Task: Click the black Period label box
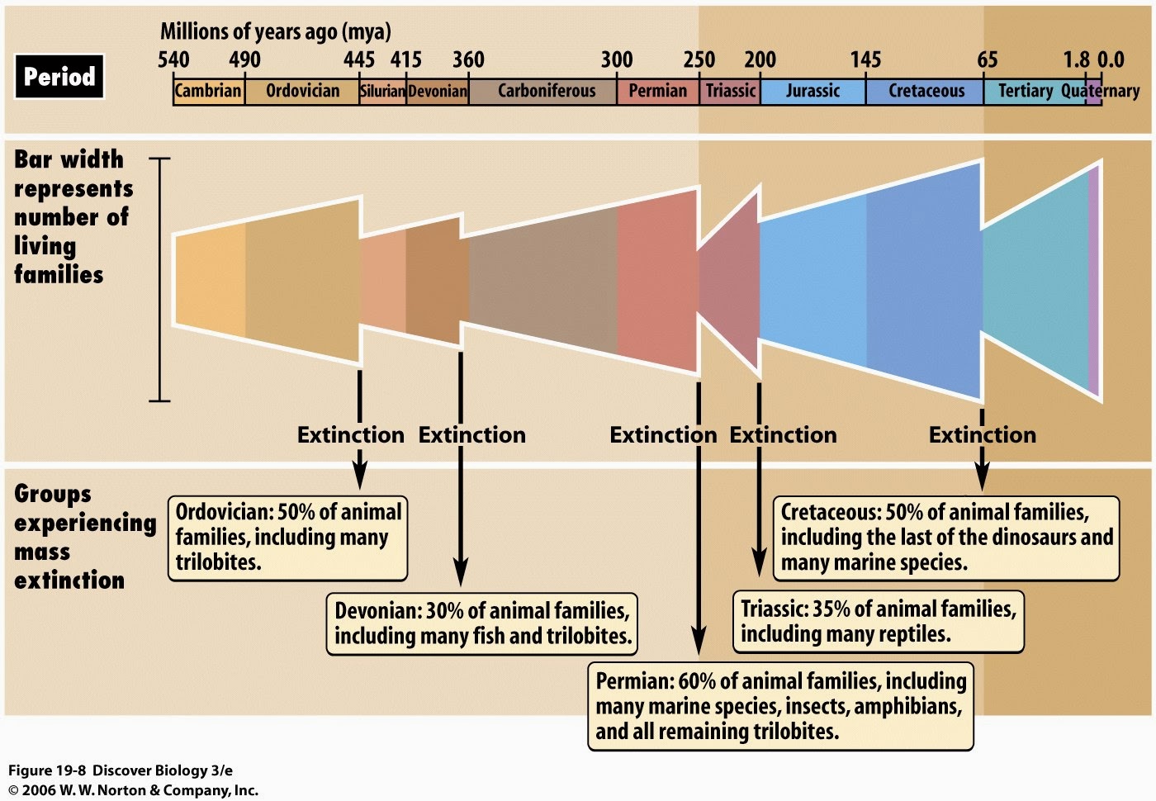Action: tap(59, 76)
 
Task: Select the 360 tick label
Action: tap(469, 59)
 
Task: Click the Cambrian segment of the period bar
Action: tap(208, 92)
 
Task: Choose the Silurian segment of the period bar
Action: tap(382, 92)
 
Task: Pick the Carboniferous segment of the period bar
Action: tap(542, 92)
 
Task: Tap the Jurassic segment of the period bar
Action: tap(813, 92)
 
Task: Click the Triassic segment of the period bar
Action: tap(730, 92)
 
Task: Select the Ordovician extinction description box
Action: tap(288, 538)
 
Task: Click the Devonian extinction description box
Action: tap(482, 623)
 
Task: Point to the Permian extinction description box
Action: tap(781, 706)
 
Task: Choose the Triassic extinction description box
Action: tap(879, 621)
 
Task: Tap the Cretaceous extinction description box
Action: tap(946, 538)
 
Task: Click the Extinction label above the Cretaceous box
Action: tap(983, 435)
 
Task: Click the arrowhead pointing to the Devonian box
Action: tap(461, 573)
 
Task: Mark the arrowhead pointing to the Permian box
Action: tap(699, 641)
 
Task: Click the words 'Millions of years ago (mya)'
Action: tap(276, 31)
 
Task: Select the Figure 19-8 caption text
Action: tap(121, 770)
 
